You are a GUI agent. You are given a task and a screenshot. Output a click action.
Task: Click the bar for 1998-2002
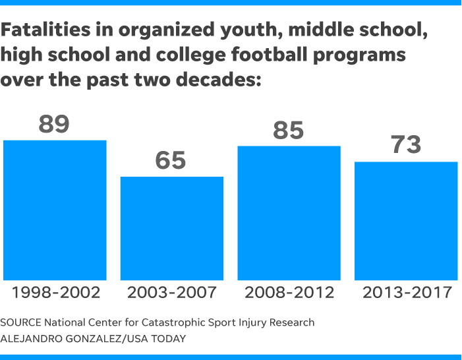point(55,210)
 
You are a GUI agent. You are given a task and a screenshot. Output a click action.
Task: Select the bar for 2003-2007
point(171,228)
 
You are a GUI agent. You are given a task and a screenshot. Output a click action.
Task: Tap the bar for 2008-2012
point(289,213)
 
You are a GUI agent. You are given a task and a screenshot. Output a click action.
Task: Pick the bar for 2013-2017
point(406,220)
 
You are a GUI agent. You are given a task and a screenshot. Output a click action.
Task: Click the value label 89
point(54,123)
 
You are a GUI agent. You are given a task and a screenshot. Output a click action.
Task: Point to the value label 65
point(171,160)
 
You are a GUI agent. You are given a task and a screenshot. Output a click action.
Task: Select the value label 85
point(288,130)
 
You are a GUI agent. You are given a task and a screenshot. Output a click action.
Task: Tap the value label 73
point(405,145)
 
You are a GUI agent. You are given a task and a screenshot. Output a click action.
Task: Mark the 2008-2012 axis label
point(289,292)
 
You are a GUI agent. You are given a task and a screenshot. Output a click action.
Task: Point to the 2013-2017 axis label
point(406,292)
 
